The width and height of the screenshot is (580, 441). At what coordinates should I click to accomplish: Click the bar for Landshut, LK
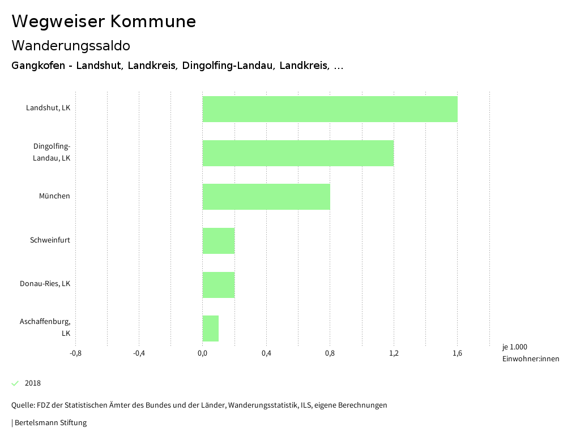pos(330,109)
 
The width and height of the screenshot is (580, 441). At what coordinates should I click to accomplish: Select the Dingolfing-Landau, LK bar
pos(298,153)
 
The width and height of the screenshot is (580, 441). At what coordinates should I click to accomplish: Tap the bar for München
pos(266,197)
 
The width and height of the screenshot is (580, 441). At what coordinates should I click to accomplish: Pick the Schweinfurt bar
pos(219,241)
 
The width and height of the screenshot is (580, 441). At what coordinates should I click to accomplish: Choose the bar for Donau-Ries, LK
pos(219,284)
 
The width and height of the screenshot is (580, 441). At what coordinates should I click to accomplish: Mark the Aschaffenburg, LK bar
pos(211,328)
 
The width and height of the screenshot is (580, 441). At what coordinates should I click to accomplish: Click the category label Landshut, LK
pos(48,107)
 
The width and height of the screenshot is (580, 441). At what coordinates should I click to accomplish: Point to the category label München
pos(54,196)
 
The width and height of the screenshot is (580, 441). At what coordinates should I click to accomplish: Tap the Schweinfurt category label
pos(50,240)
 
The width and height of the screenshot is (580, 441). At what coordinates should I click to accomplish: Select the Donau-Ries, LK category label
pos(45,284)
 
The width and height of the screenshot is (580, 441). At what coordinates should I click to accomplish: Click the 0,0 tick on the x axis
pos(202,353)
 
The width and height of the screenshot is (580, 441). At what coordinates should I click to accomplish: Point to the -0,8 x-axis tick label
pos(75,353)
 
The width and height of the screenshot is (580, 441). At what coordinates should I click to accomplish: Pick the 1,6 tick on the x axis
pos(457,353)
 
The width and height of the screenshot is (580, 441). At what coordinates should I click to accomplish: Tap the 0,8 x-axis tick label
pos(330,353)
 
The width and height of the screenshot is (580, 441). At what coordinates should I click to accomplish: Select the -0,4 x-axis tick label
pos(139,353)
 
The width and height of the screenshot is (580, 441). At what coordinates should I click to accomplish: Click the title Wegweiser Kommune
pos(104,21)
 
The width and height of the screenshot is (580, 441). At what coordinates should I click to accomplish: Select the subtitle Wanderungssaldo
pos(71,45)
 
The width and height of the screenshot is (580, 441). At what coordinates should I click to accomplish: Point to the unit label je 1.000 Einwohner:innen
pos(530,353)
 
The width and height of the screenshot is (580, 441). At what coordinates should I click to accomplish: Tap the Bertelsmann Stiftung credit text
pos(50,422)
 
